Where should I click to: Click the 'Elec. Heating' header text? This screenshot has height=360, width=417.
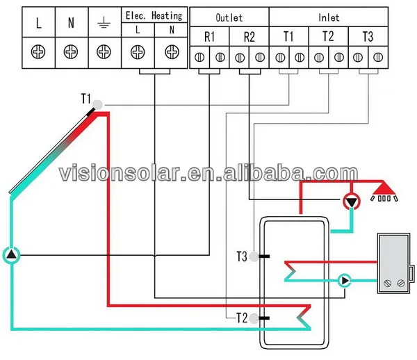153,15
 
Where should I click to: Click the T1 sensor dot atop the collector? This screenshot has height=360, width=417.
99,104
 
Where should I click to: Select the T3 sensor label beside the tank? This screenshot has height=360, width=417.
241,257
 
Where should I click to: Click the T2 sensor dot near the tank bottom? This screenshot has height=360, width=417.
255,319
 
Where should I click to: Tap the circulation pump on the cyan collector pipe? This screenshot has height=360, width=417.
12,255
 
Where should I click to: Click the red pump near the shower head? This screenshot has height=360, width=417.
352,202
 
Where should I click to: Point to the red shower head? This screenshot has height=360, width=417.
384,189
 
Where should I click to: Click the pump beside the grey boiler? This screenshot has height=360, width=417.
345,281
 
